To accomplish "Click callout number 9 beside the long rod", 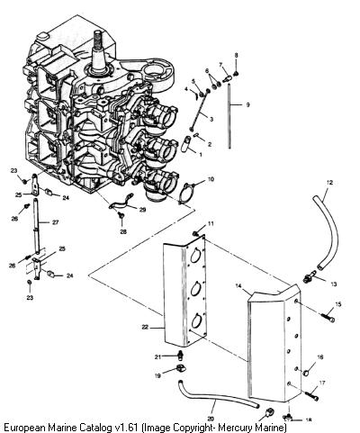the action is (x=247, y=105).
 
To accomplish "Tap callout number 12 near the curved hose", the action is (x=329, y=183).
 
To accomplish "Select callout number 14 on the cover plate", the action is (x=238, y=286).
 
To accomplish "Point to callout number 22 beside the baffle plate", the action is (x=145, y=327).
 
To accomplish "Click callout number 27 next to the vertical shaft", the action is (x=55, y=222).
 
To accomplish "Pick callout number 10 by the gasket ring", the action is (x=211, y=179).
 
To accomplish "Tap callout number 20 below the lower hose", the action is (x=211, y=419).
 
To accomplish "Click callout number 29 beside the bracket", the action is (x=142, y=210).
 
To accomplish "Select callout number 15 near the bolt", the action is (x=338, y=304).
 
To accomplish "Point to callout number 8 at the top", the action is (x=236, y=55).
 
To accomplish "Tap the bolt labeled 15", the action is (x=328, y=318).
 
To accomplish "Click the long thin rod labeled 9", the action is (x=229, y=116).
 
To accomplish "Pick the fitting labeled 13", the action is (x=310, y=276).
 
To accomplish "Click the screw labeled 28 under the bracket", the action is (x=121, y=215).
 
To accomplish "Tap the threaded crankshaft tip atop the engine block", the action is (x=98, y=39).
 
